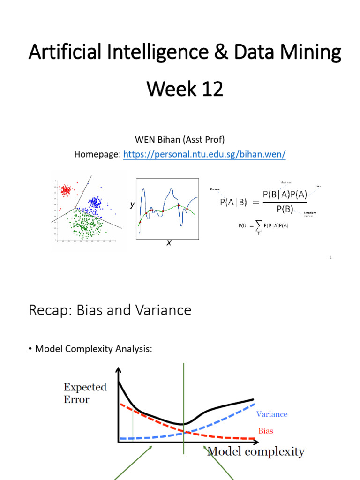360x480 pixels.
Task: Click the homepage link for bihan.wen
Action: click(x=204, y=155)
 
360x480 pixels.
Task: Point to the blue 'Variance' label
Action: click(x=272, y=414)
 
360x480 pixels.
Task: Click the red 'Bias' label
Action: click(x=265, y=430)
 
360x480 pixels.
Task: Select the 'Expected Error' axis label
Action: click(x=85, y=393)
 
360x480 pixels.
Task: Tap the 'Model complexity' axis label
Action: click(x=256, y=452)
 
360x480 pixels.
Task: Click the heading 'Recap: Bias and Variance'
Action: click(x=110, y=310)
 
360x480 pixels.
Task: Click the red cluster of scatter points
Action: click(x=66, y=190)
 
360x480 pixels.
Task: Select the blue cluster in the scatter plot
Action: click(x=96, y=202)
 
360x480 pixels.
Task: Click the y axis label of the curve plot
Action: click(x=132, y=205)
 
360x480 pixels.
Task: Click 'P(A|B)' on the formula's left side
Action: click(x=234, y=202)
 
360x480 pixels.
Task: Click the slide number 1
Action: click(x=330, y=257)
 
